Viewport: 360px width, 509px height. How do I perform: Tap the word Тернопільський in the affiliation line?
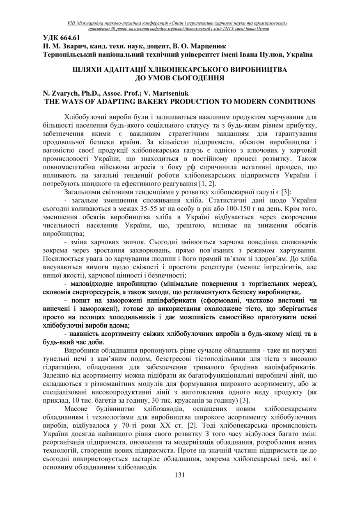coord(70,54)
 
